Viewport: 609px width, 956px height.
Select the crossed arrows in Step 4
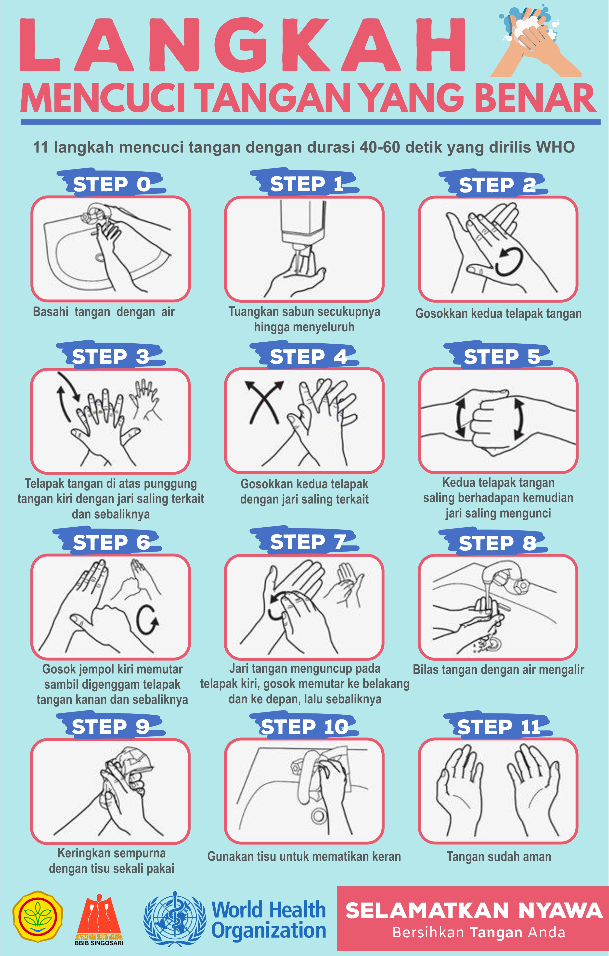264,402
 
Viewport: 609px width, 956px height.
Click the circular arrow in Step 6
147,620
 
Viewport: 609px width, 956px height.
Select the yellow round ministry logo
38,917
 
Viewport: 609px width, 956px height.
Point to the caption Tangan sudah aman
499,857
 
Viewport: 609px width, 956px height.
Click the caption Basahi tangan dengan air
104,312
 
